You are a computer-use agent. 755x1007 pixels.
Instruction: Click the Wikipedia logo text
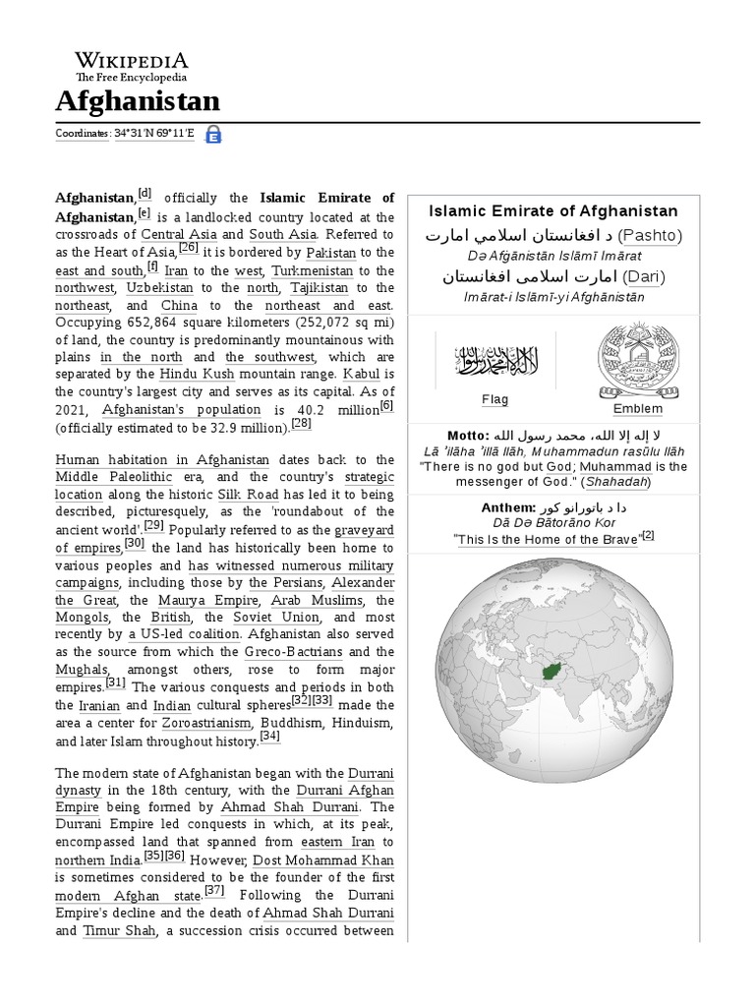[x=132, y=59]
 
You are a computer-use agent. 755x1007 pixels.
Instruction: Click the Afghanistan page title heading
[x=138, y=100]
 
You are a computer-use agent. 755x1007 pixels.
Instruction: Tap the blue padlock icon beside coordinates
[x=213, y=135]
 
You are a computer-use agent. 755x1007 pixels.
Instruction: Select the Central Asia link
[x=178, y=235]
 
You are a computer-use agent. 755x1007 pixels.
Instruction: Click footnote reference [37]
[x=214, y=891]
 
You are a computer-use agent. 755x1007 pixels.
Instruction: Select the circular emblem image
[x=637, y=361]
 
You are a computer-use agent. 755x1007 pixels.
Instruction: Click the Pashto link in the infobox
[x=649, y=235]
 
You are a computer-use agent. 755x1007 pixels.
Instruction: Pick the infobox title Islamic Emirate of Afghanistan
[x=553, y=210]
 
